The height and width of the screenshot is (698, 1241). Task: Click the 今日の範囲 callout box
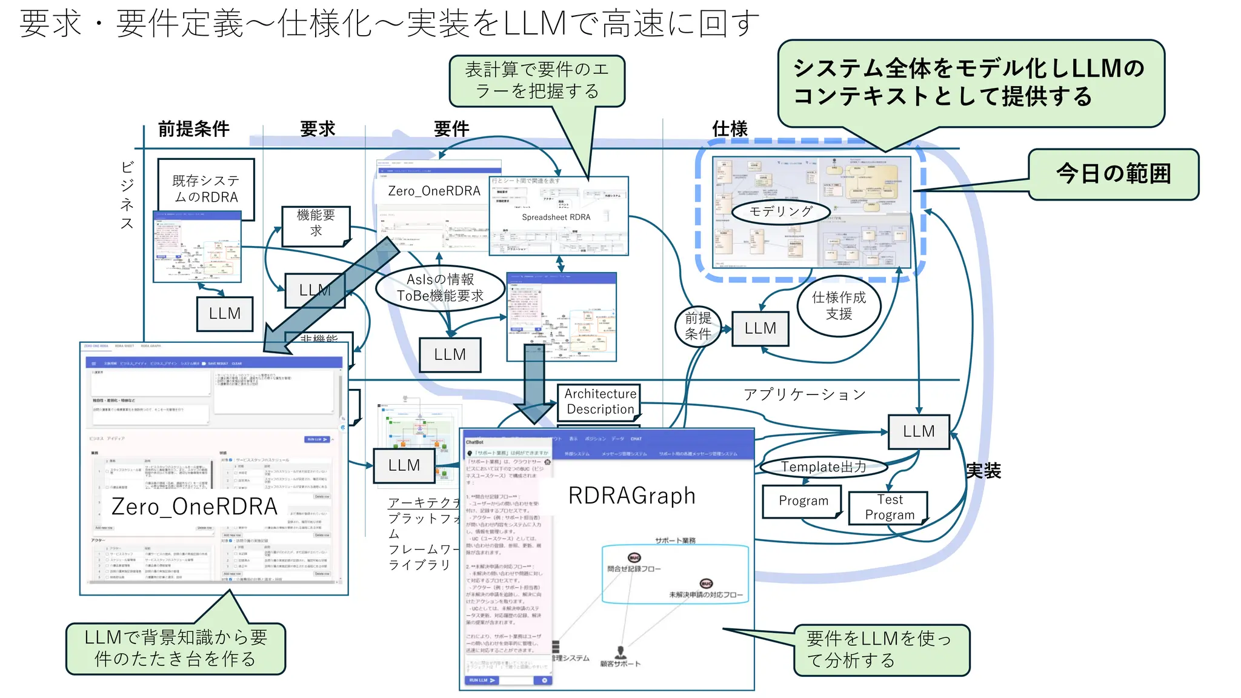click(x=1113, y=174)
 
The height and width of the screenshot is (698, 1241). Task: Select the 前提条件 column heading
click(x=193, y=129)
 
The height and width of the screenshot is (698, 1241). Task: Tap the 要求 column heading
click(x=318, y=129)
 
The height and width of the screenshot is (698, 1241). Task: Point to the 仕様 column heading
click(x=730, y=129)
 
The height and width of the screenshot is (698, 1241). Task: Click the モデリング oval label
click(x=780, y=211)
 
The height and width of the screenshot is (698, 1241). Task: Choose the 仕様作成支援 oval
click(x=839, y=305)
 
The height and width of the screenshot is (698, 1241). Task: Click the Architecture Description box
click(x=600, y=402)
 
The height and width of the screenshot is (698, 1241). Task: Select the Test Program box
click(x=889, y=507)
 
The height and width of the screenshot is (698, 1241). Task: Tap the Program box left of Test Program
click(x=803, y=501)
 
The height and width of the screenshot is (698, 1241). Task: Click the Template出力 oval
click(x=823, y=467)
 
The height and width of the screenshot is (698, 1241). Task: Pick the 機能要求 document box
click(x=316, y=224)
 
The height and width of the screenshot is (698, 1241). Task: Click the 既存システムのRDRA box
click(x=205, y=188)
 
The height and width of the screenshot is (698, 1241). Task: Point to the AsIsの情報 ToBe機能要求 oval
click(x=440, y=288)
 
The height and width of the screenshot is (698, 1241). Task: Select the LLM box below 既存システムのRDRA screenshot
click(x=225, y=314)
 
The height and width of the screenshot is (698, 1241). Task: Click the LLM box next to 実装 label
click(x=918, y=431)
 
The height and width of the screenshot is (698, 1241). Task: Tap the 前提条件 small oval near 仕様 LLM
click(x=698, y=326)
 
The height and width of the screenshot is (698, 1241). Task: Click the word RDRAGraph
click(x=631, y=496)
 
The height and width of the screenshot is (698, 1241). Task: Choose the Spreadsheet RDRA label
click(x=556, y=218)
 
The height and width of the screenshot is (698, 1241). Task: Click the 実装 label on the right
click(x=983, y=471)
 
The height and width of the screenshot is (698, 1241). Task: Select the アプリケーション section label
click(x=804, y=394)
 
